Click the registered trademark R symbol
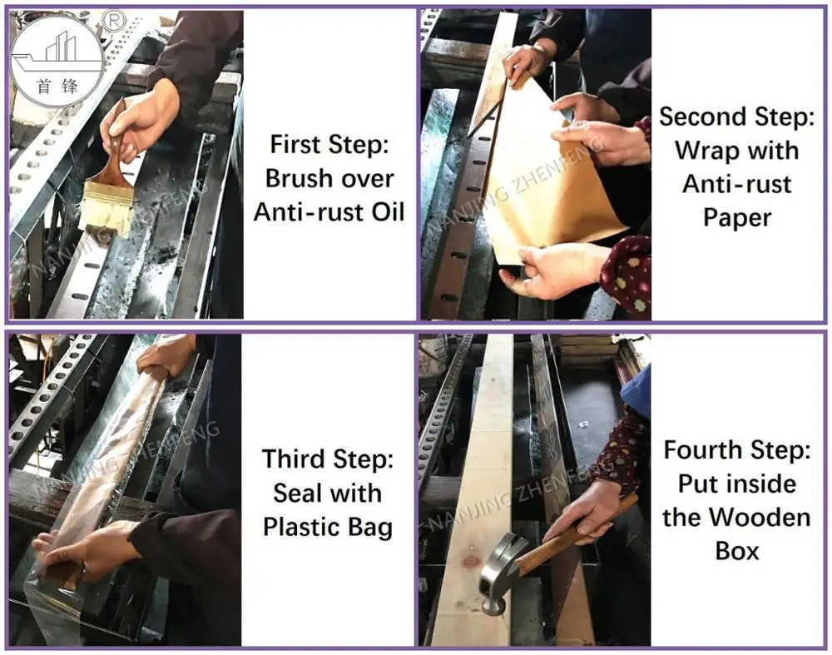point(112,17)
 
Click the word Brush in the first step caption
point(295,178)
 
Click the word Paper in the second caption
point(737,217)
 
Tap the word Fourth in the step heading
point(705,450)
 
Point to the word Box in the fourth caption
point(737,551)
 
